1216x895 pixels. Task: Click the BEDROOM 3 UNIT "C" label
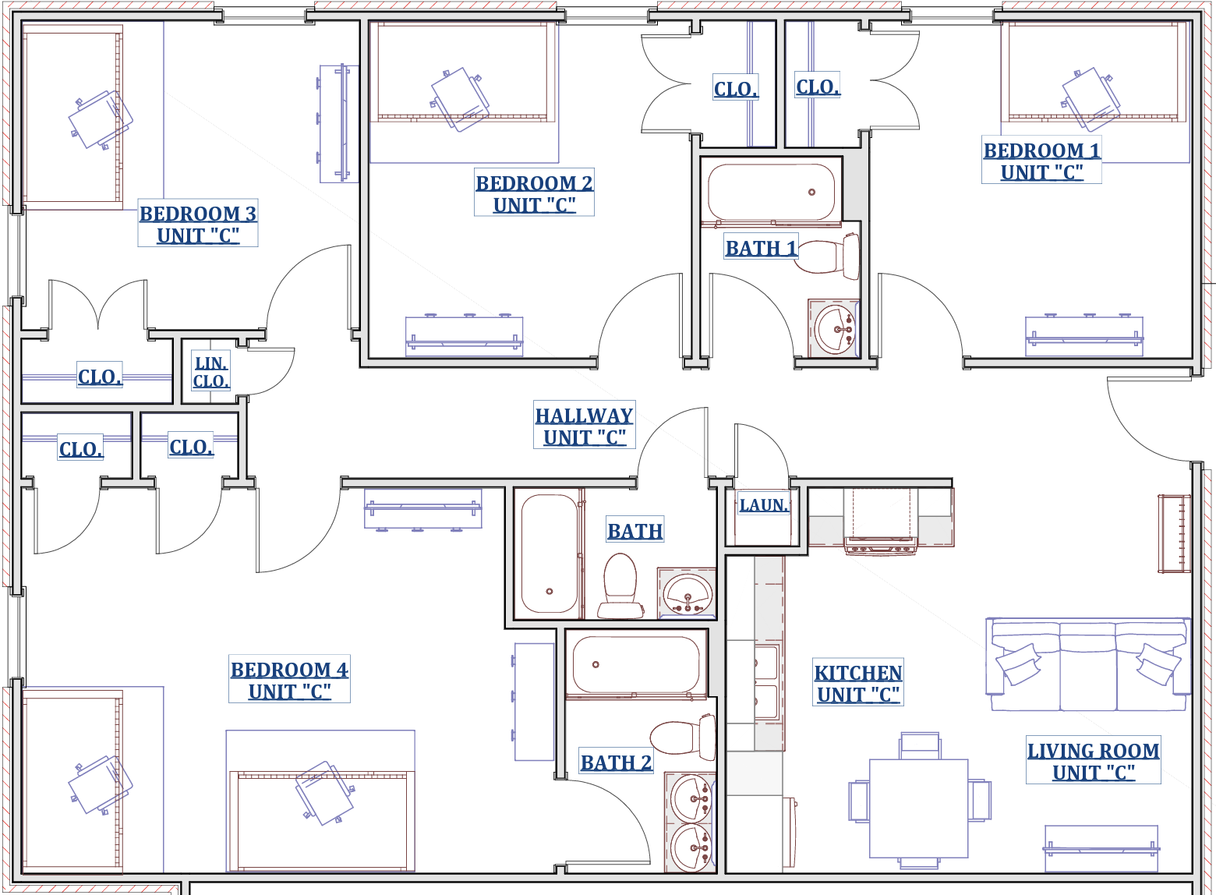198,223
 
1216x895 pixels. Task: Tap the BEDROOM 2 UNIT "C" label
534,193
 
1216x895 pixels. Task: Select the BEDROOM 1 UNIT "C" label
1041,160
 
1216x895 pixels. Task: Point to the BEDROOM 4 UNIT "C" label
289,679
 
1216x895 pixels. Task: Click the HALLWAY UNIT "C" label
584,425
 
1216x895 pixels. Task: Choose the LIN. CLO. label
210,371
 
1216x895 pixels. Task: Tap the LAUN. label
763,504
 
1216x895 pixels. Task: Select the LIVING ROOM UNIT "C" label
1093,760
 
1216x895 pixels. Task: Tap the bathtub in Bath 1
771,192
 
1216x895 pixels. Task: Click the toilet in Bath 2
682,738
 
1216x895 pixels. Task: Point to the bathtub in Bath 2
636,664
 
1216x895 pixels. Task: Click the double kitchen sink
767,683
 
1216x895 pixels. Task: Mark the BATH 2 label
616,762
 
